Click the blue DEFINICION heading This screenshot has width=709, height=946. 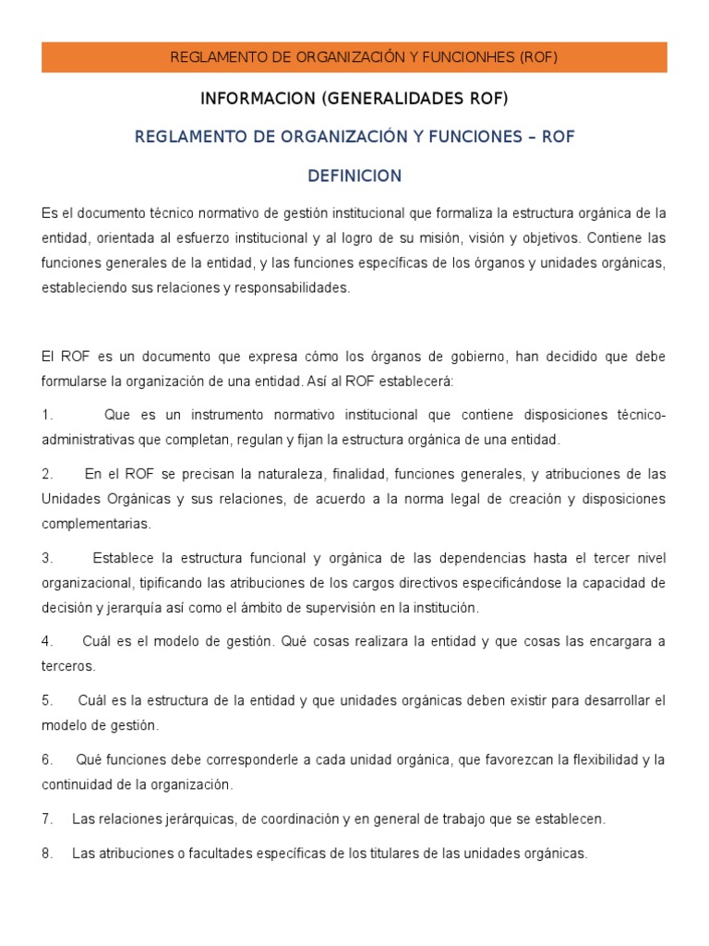coord(354,176)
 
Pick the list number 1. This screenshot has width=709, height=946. coord(47,415)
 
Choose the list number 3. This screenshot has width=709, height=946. coord(47,558)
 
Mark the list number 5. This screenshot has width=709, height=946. coord(47,700)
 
